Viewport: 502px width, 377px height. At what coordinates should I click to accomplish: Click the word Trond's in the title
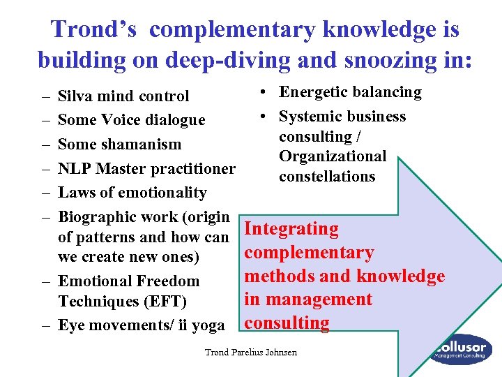(97, 29)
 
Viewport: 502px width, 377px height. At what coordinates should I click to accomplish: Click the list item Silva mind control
(123, 96)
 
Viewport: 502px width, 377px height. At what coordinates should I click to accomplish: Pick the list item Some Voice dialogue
(131, 120)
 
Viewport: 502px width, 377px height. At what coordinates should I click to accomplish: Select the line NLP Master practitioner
(146, 168)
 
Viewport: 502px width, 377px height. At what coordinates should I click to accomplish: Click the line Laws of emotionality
(132, 193)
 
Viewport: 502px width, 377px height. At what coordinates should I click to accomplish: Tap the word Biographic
(96, 216)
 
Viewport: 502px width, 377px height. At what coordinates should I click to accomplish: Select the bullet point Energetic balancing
(350, 92)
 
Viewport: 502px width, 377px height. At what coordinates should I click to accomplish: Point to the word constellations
(327, 177)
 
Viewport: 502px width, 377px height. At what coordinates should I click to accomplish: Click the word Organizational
(332, 156)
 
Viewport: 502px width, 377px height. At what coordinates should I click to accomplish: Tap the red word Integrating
(291, 229)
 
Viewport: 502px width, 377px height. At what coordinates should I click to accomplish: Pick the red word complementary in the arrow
(309, 253)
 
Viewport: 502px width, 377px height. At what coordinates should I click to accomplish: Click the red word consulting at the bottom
(287, 323)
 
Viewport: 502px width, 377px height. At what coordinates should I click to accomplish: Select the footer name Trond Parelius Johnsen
(250, 352)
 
